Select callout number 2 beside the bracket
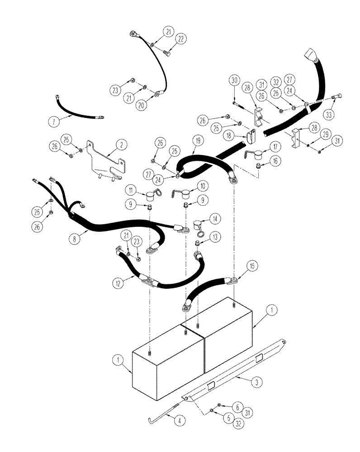tap(121, 145)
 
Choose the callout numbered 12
tap(118, 283)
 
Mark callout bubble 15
tap(252, 267)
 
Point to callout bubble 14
tap(216, 218)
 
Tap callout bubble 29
tap(325, 135)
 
